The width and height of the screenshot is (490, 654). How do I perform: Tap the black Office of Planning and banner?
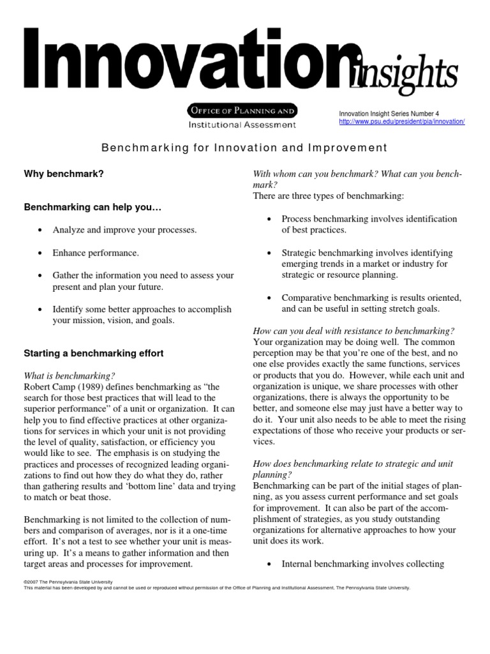241,110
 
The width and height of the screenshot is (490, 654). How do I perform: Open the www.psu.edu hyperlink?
401,121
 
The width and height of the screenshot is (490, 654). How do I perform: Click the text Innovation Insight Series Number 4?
387,113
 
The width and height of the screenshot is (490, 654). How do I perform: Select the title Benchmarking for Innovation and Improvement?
244,148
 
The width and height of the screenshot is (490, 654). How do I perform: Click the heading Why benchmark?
63,174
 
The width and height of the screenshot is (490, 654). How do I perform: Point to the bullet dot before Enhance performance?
40,253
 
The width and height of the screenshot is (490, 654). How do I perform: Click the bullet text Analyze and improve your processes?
124,230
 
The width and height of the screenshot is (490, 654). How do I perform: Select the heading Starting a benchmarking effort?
93,353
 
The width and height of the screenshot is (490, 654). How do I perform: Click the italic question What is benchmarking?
69,375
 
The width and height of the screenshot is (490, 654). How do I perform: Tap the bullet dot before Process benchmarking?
269,219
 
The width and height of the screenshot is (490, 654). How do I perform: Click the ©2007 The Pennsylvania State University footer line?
68,582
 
